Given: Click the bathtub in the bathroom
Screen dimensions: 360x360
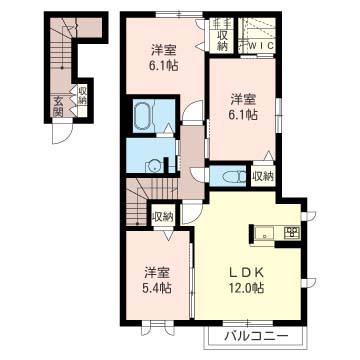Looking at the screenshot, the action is (x=144, y=116).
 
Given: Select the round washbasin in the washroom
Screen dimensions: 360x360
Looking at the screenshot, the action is (x=154, y=166).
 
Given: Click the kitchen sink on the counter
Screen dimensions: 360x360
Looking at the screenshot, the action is (x=265, y=233).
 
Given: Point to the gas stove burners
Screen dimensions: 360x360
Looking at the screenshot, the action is (x=292, y=231).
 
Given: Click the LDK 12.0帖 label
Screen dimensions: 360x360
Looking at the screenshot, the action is (x=248, y=280).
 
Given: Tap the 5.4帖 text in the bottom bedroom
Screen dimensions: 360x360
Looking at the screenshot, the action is (x=158, y=287).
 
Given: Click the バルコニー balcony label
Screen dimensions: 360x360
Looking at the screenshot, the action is (x=255, y=336).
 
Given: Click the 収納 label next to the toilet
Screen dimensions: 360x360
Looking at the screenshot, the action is (x=263, y=176).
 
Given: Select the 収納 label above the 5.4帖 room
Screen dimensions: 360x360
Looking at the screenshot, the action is (x=163, y=218).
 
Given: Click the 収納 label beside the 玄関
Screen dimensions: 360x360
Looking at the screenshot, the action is (x=82, y=95).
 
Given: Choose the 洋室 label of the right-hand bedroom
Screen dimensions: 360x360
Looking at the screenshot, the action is (x=244, y=99).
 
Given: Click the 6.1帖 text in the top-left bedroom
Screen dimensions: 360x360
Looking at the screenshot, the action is (x=163, y=66).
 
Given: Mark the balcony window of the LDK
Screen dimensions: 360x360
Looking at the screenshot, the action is (x=248, y=323).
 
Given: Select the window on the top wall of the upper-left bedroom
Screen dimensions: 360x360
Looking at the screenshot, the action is (x=179, y=14).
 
